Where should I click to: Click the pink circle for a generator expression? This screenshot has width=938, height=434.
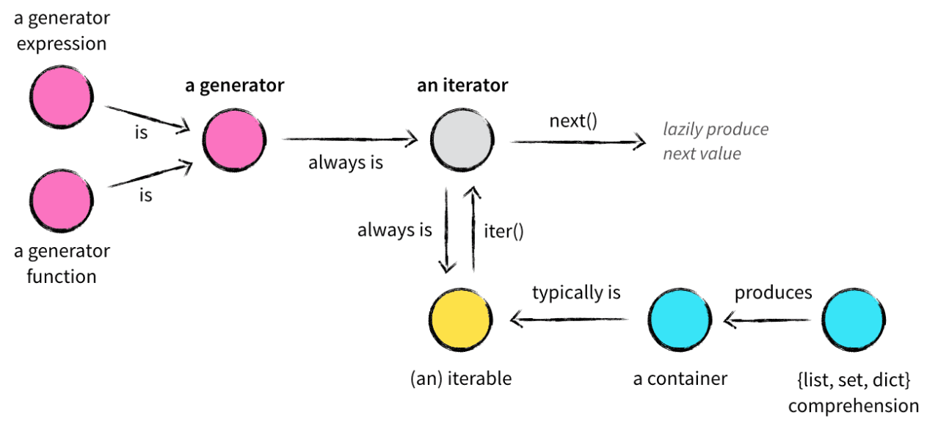tap(62, 99)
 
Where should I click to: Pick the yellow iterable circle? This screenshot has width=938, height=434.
tap(460, 320)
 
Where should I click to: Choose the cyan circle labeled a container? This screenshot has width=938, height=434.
tap(680, 320)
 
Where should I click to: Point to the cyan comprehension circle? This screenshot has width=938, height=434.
tap(853, 320)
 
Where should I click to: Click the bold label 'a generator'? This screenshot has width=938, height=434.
tap(234, 85)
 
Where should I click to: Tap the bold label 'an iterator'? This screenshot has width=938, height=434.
tap(462, 85)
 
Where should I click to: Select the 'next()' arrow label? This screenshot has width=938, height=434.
tap(573, 120)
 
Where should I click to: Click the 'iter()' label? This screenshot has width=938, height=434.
tap(504, 231)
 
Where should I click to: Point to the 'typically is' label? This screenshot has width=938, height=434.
tap(576, 293)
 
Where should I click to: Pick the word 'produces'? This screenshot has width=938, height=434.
tap(774, 293)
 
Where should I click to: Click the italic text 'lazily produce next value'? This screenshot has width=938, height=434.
tap(716, 141)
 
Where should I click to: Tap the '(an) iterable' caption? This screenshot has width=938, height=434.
tap(460, 379)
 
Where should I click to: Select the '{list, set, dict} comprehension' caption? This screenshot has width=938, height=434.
tap(854, 392)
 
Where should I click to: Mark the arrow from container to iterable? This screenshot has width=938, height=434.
tap(570, 319)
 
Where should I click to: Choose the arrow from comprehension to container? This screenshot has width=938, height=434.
tap(767, 319)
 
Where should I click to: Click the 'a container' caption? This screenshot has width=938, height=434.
tap(680, 379)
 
